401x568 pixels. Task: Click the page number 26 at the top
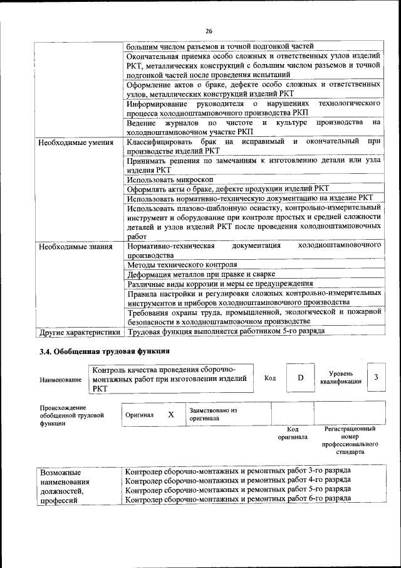tap(209, 31)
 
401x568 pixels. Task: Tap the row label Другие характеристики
tap(80, 331)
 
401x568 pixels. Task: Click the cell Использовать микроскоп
tap(170, 179)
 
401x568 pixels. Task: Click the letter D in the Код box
tap(300, 377)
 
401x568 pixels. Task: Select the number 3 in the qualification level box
tap(376, 377)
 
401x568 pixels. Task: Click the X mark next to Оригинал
tap(170, 415)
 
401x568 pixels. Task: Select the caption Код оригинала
tap(293, 433)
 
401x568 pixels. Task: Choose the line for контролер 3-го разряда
tap(237, 470)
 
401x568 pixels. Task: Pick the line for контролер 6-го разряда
tap(237, 499)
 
